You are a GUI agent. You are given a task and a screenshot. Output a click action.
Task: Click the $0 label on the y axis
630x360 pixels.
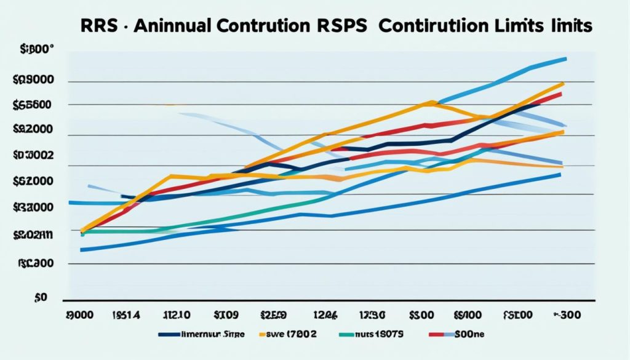point(41,298)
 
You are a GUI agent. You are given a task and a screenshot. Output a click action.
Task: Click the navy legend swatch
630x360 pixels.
point(174,334)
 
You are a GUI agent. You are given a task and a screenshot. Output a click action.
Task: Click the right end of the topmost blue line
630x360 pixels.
point(565,58)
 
